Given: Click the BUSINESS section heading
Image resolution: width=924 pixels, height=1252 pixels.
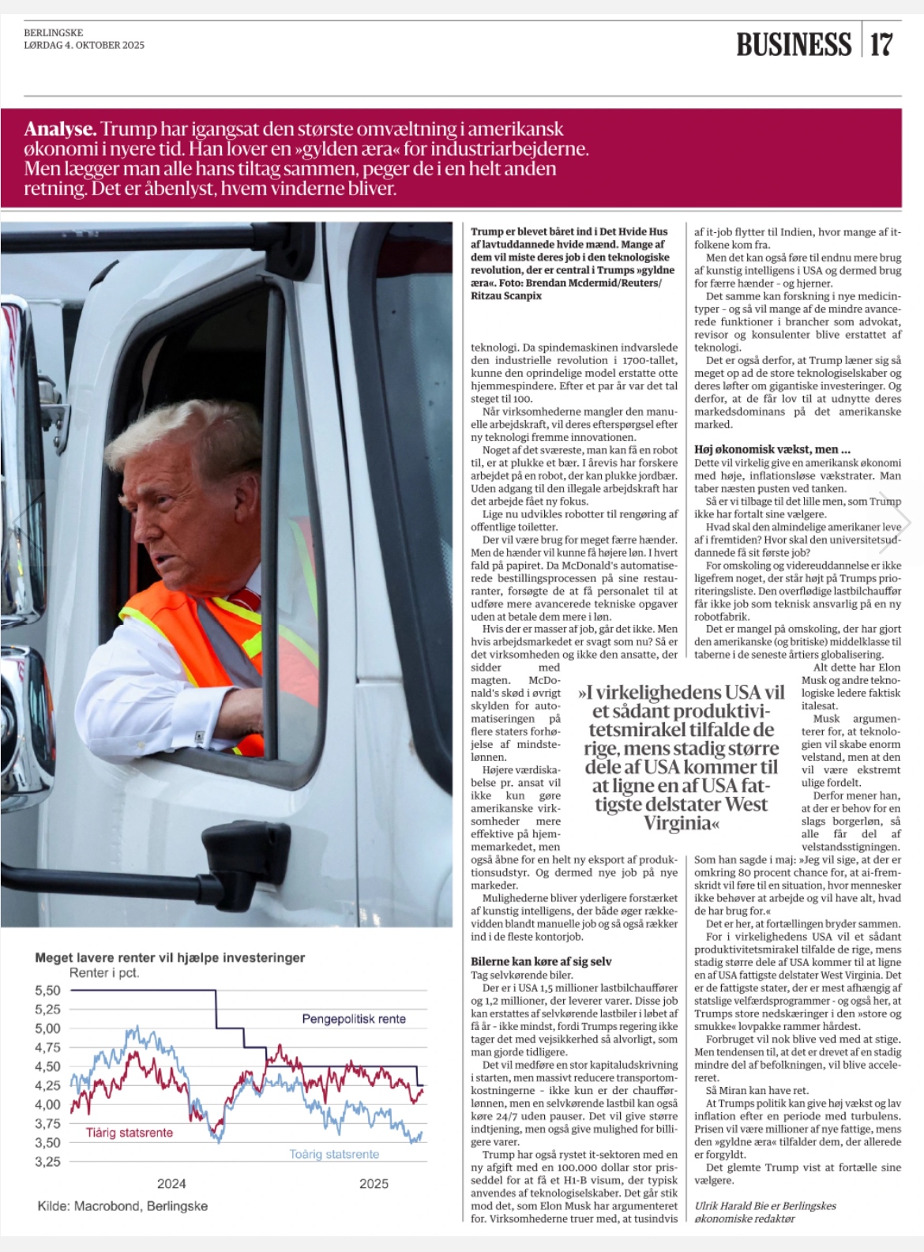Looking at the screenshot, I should click(793, 44).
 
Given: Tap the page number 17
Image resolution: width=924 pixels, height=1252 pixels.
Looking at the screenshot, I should click(881, 44).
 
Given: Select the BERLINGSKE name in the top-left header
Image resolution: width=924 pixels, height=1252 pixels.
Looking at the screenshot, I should click(53, 33).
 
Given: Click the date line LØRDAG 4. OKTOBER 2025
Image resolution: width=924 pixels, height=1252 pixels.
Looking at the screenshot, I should click(84, 45).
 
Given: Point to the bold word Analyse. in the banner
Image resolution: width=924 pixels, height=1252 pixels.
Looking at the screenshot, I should click(60, 130).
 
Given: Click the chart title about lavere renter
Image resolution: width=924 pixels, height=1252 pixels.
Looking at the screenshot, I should click(170, 957).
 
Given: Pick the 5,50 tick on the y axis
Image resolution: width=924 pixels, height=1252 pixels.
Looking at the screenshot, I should click(47, 991).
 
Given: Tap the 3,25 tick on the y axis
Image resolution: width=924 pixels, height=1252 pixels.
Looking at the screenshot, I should click(47, 1162).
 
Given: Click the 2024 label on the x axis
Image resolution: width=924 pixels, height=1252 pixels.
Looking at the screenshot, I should click(171, 1183).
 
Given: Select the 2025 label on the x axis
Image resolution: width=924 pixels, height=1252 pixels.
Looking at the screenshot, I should click(374, 1183).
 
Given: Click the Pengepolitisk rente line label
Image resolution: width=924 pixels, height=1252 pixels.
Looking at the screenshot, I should click(354, 1019).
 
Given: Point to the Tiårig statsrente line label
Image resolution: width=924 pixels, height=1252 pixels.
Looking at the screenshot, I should click(130, 1133).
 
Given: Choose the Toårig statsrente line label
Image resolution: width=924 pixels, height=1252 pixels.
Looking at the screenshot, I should click(334, 1154).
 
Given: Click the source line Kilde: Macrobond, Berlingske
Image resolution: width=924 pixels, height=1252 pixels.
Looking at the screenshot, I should click(122, 1206).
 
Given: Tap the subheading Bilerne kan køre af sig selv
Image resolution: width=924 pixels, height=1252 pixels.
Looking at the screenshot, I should click(541, 961).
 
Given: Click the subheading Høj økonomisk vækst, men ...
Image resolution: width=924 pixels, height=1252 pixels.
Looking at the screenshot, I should click(772, 449).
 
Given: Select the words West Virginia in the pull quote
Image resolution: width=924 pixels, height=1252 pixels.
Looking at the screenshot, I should click(703, 814).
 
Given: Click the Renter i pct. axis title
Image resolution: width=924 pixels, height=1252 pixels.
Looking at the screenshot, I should click(104, 972).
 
